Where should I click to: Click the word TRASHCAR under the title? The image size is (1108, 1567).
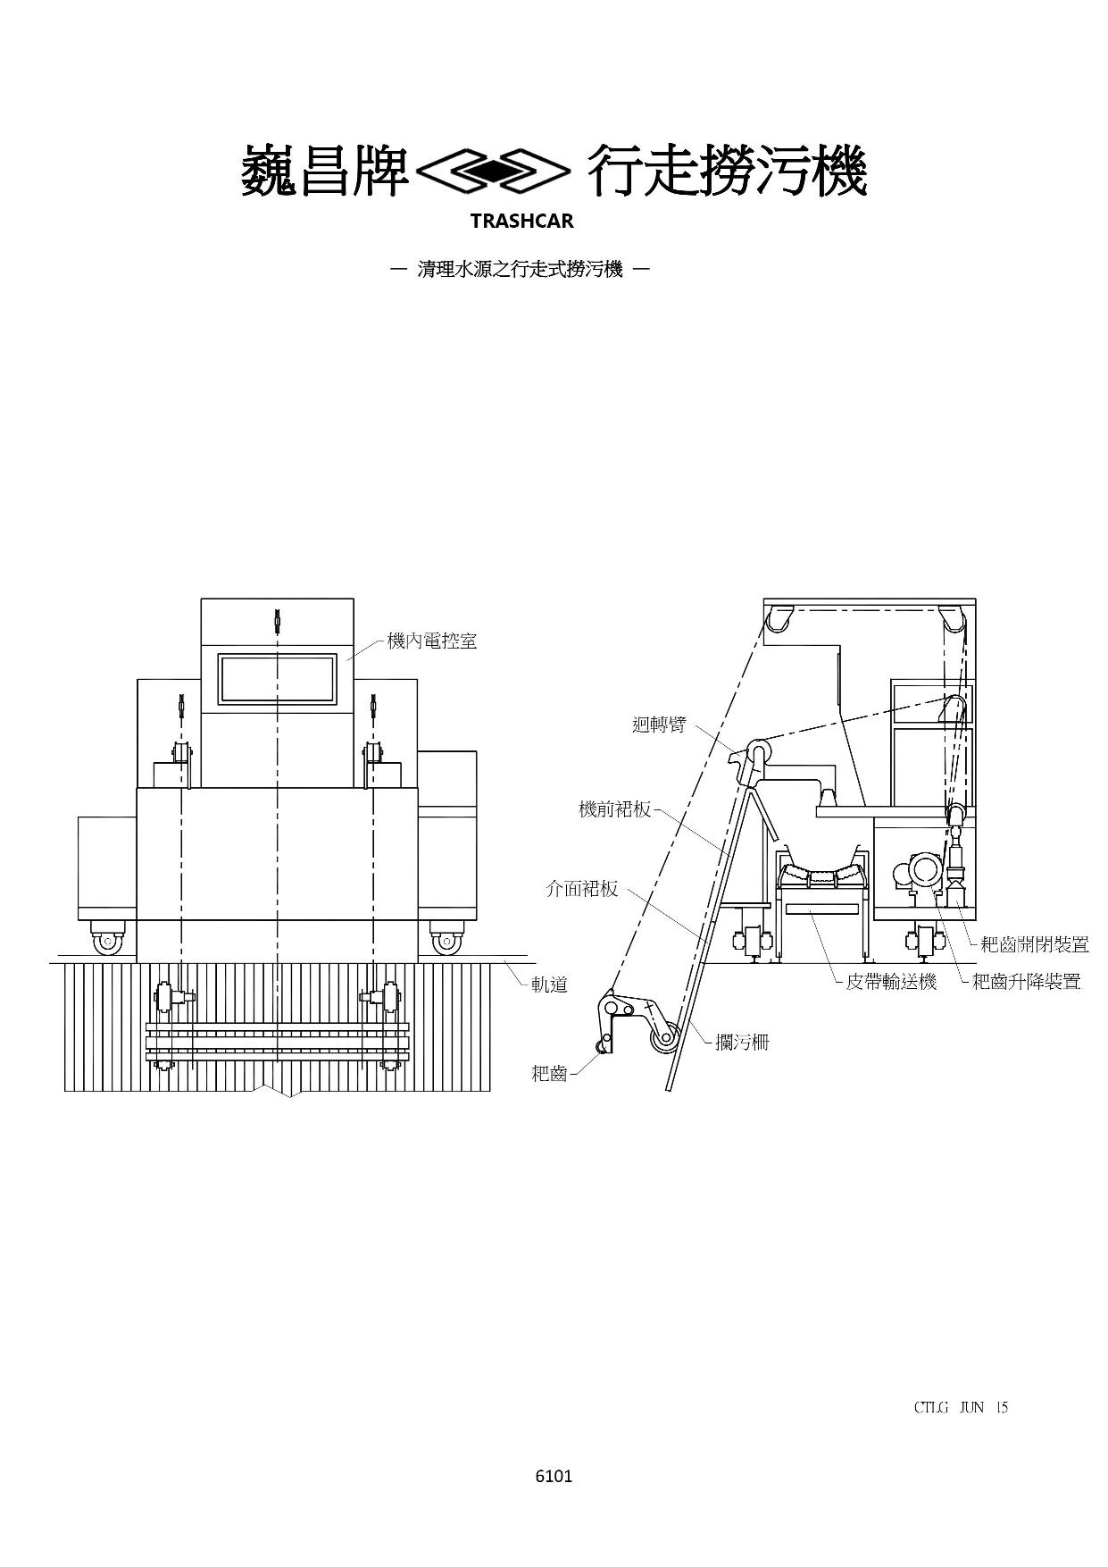point(521,221)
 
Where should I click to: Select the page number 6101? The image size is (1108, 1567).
point(554,1476)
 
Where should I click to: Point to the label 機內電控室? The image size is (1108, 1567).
point(432,641)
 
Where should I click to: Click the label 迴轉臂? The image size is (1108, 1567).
point(659,725)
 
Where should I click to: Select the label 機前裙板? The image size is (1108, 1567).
point(615,810)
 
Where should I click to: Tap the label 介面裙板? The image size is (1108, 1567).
point(581,889)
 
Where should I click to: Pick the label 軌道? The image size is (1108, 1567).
point(550,985)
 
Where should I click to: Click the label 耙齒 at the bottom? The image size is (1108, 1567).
point(549,1074)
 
